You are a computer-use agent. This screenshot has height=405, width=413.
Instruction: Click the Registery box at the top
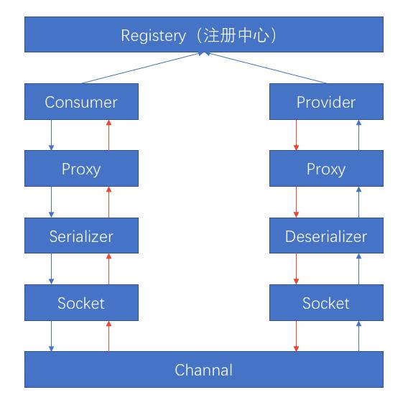(204, 36)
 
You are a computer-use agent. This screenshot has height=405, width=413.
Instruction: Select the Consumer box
(81, 102)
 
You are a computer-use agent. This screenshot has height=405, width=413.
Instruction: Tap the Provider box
(326, 102)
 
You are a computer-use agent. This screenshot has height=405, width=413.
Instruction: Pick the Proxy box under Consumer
(81, 169)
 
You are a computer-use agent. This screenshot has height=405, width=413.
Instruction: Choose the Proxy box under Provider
(326, 169)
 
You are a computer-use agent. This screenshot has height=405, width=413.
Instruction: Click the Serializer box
(81, 236)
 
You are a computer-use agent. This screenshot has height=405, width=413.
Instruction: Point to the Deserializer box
(326, 236)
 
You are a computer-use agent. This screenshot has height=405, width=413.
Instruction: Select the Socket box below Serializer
(81, 303)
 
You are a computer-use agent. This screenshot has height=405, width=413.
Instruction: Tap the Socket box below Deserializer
(326, 303)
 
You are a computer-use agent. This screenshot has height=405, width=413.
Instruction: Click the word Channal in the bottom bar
(204, 371)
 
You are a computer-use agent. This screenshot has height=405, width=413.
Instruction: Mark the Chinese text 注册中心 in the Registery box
(241, 36)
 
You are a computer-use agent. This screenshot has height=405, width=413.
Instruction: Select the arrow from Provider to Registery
(266, 69)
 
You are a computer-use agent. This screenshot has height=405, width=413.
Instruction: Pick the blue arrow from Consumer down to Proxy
(52, 135)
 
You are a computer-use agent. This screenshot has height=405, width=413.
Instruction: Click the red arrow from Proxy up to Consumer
(109, 135)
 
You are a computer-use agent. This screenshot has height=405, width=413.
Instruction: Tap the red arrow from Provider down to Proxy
(297, 135)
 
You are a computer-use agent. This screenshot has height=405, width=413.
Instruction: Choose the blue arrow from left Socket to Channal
(52, 336)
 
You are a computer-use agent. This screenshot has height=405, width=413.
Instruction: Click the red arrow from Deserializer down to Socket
(297, 269)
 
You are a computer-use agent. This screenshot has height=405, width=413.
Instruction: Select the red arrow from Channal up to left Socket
(109, 336)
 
